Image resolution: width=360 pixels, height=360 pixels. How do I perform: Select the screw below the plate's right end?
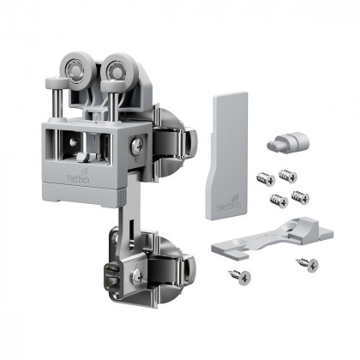(306, 264)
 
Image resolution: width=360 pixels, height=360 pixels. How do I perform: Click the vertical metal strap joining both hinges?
(122, 214)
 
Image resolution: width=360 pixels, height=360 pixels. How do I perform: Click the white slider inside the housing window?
(82, 157)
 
